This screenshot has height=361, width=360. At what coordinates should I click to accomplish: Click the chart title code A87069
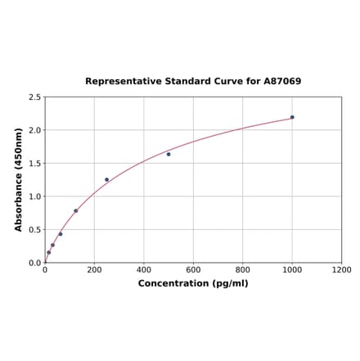point(281,82)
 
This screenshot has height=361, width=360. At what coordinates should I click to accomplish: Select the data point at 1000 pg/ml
point(292,117)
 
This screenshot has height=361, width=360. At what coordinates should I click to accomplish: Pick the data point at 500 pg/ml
point(169,154)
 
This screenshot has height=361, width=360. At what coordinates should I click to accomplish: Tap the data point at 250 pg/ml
point(106,179)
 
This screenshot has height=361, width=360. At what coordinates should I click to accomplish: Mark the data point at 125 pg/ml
point(76,210)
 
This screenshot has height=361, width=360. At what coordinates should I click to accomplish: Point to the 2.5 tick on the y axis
point(35,97)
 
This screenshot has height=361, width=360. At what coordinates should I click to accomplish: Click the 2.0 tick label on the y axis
point(35,130)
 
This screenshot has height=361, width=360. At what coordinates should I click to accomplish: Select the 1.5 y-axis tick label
point(35,164)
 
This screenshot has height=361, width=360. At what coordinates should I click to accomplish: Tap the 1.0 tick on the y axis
point(35,196)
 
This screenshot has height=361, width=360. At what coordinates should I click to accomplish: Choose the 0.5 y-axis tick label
point(35,230)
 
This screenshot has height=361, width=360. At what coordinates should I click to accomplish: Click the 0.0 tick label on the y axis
point(35,263)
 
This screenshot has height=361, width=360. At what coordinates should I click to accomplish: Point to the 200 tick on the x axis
point(94,270)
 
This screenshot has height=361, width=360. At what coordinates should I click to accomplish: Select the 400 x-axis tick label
point(144,270)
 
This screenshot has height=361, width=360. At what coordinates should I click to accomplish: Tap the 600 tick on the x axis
point(193,270)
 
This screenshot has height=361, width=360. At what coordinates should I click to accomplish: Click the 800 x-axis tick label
point(243,270)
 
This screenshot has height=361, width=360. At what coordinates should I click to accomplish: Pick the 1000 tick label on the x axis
point(292,270)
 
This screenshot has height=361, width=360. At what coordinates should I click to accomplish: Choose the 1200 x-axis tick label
point(342,270)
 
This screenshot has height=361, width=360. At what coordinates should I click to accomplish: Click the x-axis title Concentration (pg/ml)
point(193,283)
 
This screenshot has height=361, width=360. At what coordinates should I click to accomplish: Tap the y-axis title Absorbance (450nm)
point(19,179)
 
